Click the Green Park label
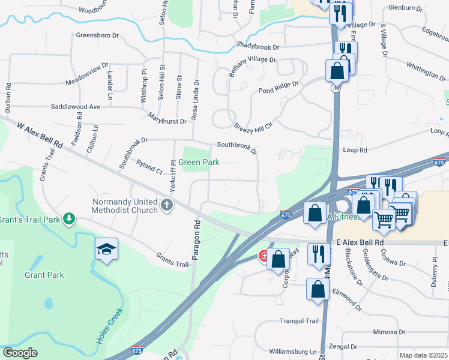click(199, 162)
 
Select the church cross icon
click(167, 206)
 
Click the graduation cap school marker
click(107, 250)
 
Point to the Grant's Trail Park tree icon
click(70, 218)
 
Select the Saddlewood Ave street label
click(75, 106)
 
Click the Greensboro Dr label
click(97, 35)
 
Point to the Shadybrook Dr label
click(258, 46)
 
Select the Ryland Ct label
click(149, 167)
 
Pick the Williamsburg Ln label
click(292, 351)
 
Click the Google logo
click(20, 353)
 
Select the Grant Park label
click(44, 275)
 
